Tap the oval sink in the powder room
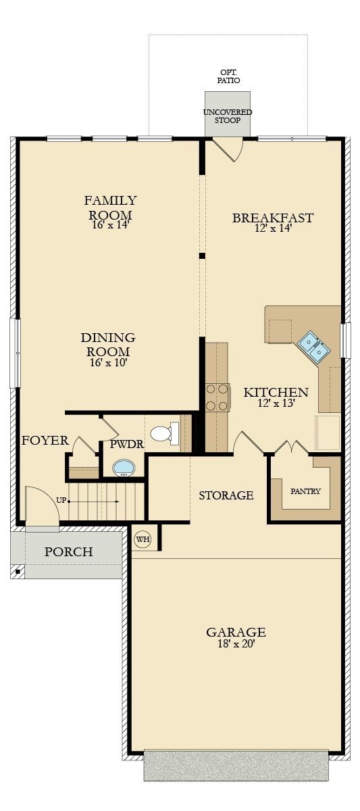coord(123,467)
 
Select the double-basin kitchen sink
coord(313,346)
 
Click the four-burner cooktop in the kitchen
coord(217,397)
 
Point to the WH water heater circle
coord(142,539)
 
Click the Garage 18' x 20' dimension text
coord(235,644)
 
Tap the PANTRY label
coord(305,491)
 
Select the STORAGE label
coord(226,495)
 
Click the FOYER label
coord(45,441)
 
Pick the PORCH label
coord(68,552)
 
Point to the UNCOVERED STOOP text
coord(228,116)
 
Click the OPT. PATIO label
coord(228,76)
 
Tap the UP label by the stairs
coord(61,501)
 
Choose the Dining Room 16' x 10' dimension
coord(108,362)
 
